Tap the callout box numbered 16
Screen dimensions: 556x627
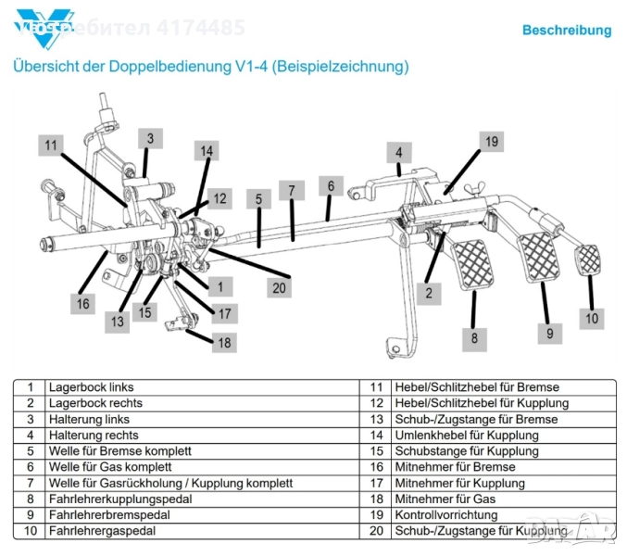[83, 303]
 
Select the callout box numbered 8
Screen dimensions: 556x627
[474, 338]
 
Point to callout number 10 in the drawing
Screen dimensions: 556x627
[592, 319]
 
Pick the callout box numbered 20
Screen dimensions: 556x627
[279, 287]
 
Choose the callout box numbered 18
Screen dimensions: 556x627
[223, 342]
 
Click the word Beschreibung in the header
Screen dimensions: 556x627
[567, 31]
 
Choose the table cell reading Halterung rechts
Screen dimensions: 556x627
[94, 436]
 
